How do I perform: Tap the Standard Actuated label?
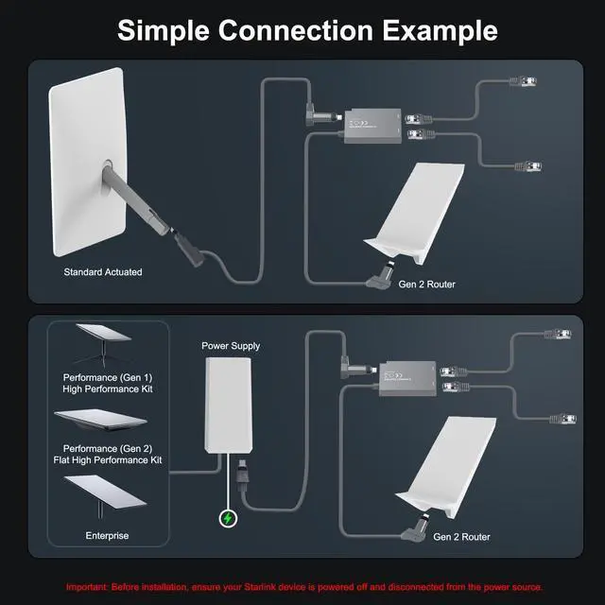103,272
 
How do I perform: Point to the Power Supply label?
231,346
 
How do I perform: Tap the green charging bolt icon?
229,518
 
